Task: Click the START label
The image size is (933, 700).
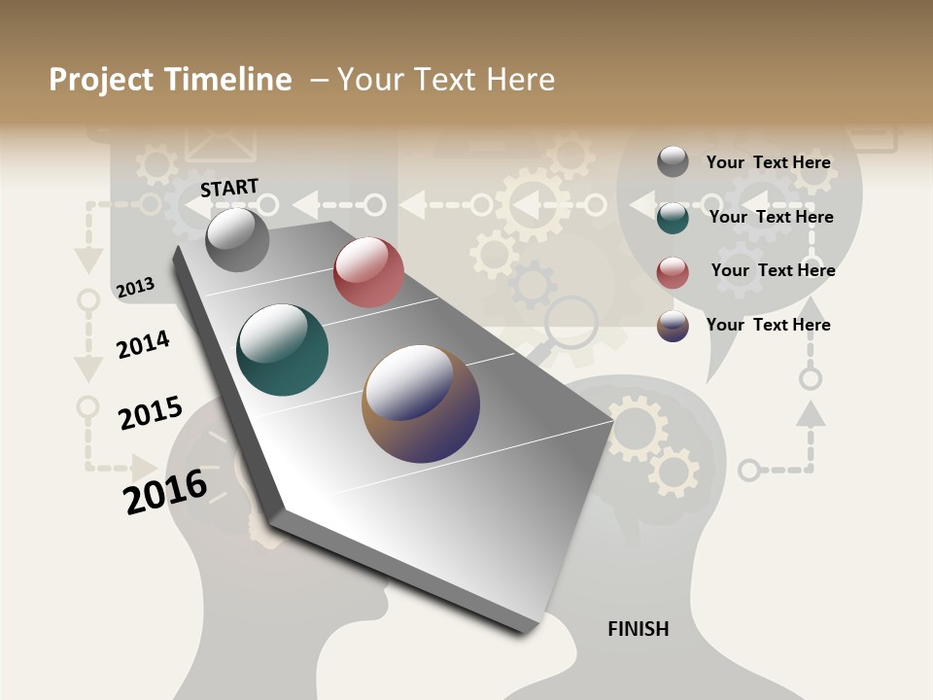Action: (x=229, y=188)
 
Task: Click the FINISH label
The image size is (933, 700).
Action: (x=638, y=629)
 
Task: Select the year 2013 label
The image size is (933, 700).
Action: (x=135, y=287)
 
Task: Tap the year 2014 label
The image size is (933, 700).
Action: (x=143, y=344)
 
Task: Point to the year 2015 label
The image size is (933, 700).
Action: (x=150, y=413)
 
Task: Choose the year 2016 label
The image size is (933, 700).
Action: (x=165, y=491)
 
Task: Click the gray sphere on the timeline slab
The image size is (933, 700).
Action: (x=237, y=240)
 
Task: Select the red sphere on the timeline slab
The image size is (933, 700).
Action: (x=368, y=272)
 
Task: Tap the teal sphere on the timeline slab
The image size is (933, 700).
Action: (x=282, y=350)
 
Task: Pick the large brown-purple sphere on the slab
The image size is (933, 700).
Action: (x=421, y=403)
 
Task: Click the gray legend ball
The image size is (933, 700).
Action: (x=673, y=161)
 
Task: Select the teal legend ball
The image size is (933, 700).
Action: (x=673, y=218)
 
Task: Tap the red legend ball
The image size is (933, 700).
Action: (x=673, y=272)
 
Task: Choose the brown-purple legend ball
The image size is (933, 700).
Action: (x=673, y=326)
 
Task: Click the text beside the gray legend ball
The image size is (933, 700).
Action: (x=768, y=162)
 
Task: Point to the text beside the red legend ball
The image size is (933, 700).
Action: (x=773, y=270)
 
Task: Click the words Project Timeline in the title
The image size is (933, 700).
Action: (x=170, y=80)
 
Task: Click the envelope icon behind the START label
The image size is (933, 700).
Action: (x=221, y=143)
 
